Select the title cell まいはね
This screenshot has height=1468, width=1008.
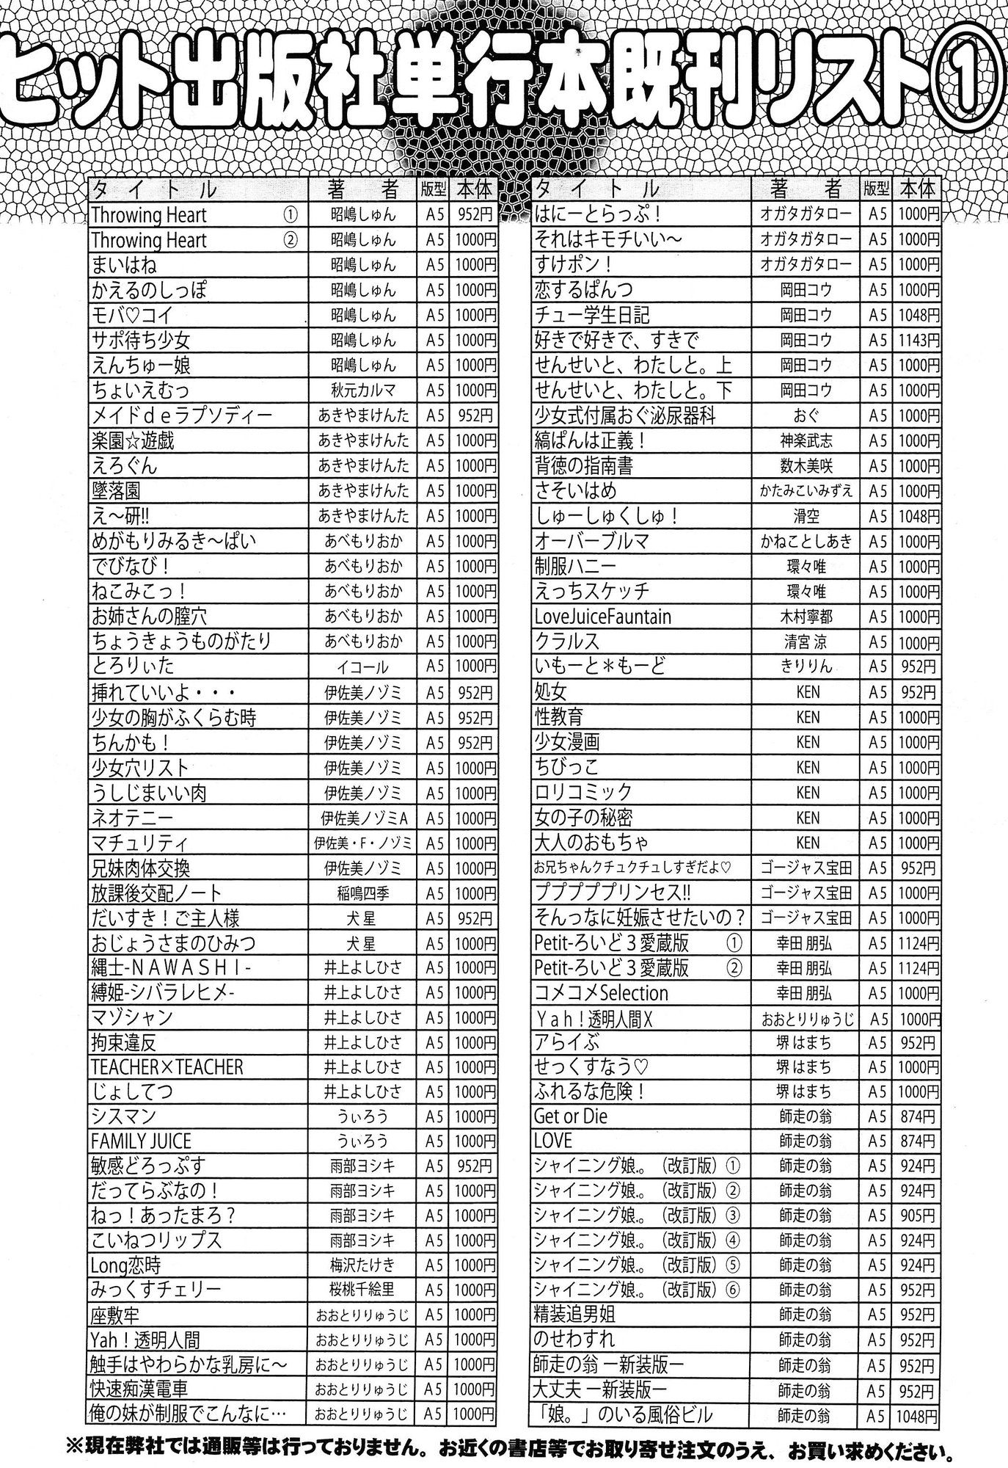click(125, 265)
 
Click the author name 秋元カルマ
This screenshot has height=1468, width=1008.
click(363, 390)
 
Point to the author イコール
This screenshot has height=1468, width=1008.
click(363, 666)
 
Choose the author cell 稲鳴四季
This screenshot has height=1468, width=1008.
click(363, 893)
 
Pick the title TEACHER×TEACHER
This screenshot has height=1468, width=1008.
click(167, 1067)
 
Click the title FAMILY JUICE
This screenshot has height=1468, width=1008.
click(141, 1142)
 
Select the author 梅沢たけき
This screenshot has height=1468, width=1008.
click(363, 1265)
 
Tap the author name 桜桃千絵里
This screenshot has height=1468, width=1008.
click(363, 1290)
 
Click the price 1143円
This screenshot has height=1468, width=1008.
click(917, 341)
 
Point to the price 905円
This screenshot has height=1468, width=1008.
click(917, 1215)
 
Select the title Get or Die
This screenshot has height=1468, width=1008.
click(571, 1116)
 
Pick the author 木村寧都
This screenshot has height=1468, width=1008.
click(807, 617)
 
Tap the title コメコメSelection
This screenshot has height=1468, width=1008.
click(602, 993)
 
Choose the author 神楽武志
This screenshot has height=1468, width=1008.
click(807, 440)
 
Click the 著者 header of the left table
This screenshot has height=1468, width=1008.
click(363, 190)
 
